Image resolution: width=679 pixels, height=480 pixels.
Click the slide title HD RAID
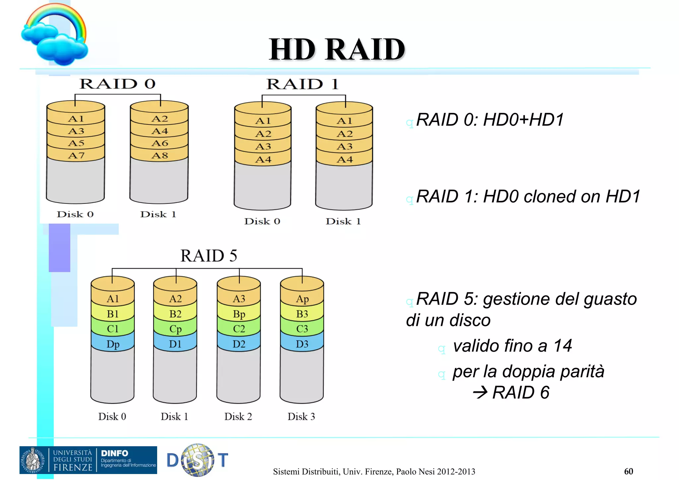point(337,49)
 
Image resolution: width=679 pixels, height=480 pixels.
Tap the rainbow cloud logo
point(55,35)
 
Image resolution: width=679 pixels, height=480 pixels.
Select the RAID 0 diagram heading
point(118,84)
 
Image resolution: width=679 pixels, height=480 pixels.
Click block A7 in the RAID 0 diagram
point(76,155)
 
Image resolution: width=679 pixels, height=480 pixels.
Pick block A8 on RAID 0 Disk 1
point(160,155)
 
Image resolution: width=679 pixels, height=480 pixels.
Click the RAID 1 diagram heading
point(303,84)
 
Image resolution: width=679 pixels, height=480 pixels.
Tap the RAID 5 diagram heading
point(209,256)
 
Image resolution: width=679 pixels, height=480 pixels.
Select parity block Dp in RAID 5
point(113,344)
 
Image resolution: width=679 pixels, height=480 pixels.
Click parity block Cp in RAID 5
point(175,329)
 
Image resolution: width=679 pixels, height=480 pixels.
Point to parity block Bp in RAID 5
point(239,314)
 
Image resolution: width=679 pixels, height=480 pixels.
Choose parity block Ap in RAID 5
point(302,299)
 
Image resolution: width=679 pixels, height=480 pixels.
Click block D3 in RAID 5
point(302,344)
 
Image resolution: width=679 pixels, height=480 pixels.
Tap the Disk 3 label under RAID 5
point(301,417)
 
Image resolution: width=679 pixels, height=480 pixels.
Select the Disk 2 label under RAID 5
point(238,417)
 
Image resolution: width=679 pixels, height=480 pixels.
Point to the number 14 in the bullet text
point(563,346)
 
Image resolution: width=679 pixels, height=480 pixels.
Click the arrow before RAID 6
point(480,393)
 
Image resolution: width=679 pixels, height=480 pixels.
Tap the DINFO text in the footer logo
point(114,453)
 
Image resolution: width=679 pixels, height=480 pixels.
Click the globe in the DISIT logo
point(198,460)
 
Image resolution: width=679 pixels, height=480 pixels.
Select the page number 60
point(628,471)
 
